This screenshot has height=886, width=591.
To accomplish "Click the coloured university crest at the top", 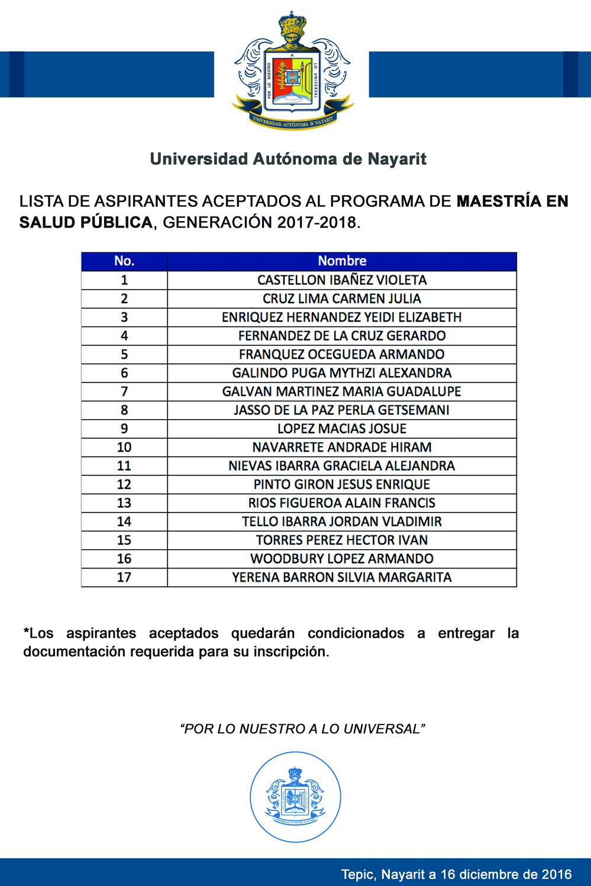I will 292,74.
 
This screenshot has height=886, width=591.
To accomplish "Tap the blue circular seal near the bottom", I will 295,797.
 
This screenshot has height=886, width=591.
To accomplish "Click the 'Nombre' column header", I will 342,261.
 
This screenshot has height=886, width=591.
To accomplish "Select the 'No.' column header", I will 124,261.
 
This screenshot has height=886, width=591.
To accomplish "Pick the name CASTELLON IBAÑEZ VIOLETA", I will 342,280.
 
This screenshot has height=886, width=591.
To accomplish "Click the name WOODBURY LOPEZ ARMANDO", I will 342,559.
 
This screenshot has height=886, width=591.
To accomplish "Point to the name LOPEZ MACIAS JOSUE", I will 342,429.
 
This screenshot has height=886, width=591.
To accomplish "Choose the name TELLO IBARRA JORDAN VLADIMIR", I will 342,521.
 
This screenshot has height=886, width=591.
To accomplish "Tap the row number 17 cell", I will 124,577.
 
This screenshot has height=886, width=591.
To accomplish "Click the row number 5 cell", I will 124,355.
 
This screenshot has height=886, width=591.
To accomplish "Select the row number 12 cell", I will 124,485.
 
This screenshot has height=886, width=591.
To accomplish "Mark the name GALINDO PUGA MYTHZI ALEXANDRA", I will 342,373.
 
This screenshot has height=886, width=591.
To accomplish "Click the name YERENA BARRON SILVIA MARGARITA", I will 342,577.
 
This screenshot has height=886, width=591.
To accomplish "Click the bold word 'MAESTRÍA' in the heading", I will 498,202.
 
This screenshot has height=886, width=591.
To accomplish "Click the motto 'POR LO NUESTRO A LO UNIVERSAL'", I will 302,729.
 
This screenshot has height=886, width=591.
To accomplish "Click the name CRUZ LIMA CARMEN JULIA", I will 342,298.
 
